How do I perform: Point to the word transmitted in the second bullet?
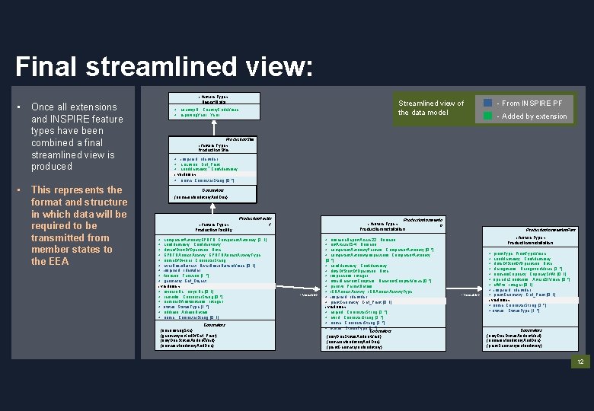(x=60, y=237)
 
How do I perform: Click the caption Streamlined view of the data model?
(x=430, y=108)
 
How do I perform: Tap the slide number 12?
(x=580, y=362)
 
